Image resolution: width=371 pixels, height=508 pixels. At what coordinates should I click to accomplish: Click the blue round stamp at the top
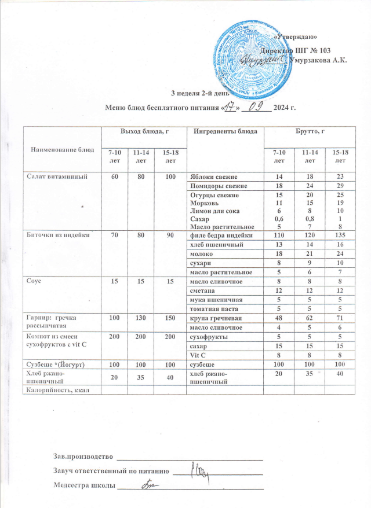(250, 60)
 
